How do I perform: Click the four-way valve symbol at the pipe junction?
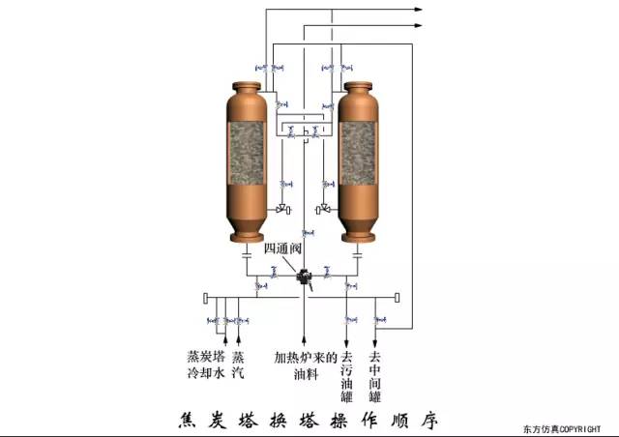pos(306,277)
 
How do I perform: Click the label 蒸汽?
pos(238,364)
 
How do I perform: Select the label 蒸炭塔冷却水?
pos(205,364)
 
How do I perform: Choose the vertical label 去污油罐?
pos(348,375)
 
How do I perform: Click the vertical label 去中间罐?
pos(375,375)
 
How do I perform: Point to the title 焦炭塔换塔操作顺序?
pos(309,420)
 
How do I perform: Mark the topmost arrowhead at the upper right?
pos(419,9)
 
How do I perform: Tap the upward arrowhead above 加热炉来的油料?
pos(306,341)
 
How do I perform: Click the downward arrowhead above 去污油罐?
pos(348,341)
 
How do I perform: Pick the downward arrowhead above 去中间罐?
pos(375,341)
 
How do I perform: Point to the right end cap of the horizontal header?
pos(398,296)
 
